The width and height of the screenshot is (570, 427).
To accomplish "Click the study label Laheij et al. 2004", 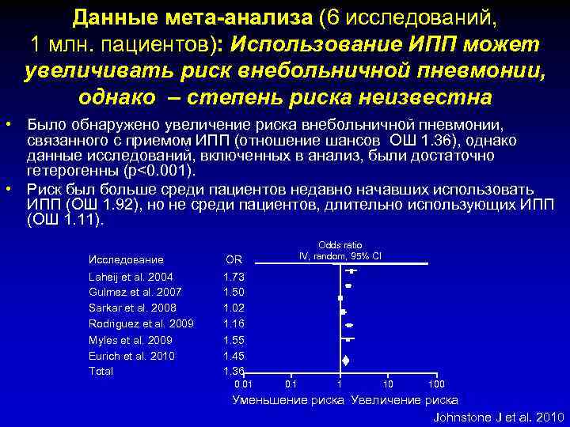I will coord(131,277).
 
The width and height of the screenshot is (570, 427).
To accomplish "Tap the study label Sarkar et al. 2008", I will coord(132,308).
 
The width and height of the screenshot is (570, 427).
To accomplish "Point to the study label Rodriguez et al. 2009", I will coord(141,323).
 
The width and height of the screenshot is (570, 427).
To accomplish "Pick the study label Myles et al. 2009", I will coord(130,340).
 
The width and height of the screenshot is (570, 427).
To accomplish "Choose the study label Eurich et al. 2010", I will coord(131,356).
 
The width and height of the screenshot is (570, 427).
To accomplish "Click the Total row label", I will coord(101,371).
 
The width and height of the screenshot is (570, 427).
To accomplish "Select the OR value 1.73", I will coord(234,277).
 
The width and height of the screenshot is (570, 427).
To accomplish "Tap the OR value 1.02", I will coord(234,308).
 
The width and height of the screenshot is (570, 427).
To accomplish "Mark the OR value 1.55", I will coord(234,340).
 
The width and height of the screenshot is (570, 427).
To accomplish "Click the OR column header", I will coord(234,259).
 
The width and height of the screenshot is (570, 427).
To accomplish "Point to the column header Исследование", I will coord(126,259).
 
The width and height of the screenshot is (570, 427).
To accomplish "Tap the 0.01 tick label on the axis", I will coord(244,384).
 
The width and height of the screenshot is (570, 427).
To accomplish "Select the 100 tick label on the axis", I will coord(435,384).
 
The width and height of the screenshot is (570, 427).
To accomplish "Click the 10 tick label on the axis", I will coord(387,384).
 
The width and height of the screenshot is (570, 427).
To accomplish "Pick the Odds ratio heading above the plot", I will coord(340,246).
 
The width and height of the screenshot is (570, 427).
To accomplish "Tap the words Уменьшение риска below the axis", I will coord(287,400).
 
